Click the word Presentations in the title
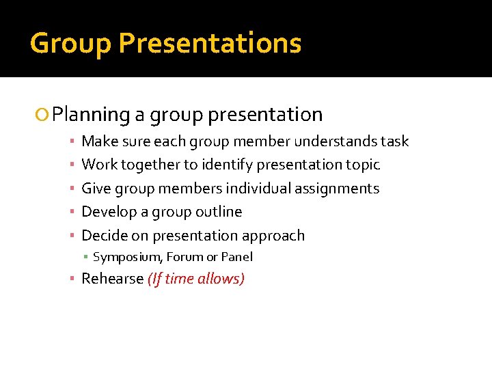coord(210,44)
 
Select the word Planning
coord(91,115)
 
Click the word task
coord(395,141)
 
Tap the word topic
coord(363,165)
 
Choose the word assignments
coord(337,189)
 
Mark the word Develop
coord(109,212)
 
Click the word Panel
coord(236,258)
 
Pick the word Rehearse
coord(112,279)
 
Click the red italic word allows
coord(220,279)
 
